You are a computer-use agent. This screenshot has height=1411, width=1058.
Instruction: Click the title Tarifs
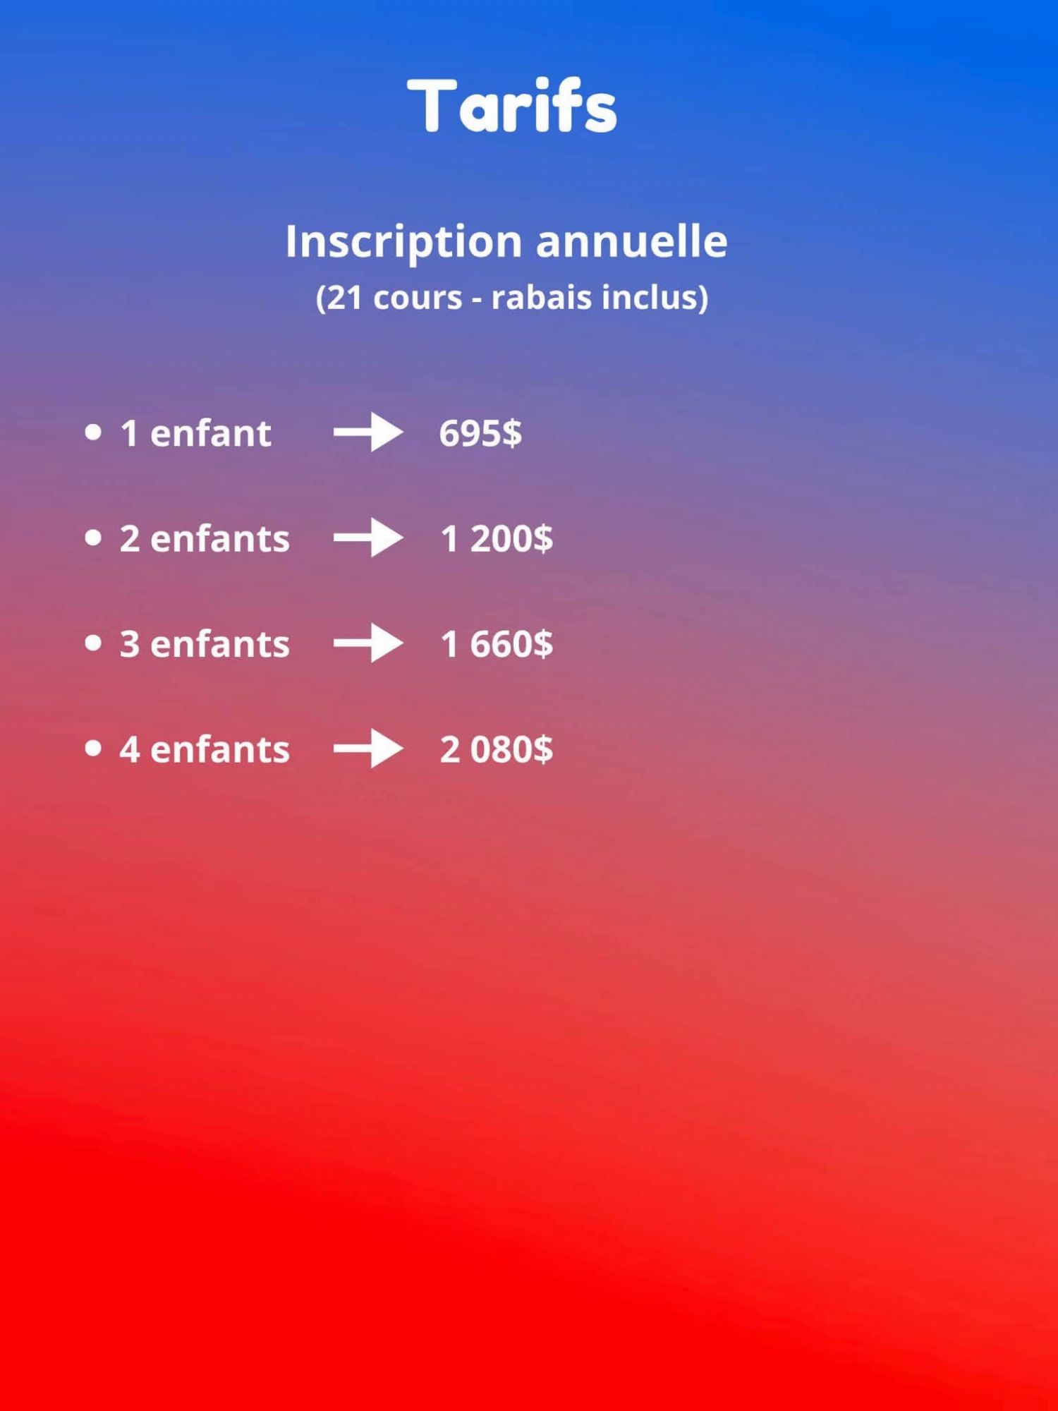[x=511, y=106]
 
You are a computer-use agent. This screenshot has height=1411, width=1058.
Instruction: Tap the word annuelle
[x=631, y=241]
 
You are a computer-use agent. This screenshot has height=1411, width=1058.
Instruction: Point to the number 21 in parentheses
[x=344, y=297]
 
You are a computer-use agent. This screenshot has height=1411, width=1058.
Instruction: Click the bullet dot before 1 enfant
[x=93, y=432]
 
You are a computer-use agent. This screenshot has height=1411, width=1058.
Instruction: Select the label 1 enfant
[x=196, y=432]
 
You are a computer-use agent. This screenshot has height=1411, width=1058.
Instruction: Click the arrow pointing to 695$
[x=368, y=432]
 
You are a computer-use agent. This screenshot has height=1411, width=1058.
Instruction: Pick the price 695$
[x=480, y=433]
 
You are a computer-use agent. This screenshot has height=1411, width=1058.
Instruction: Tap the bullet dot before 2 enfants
[x=93, y=538]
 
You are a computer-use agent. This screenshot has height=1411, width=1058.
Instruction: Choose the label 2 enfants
[x=205, y=538]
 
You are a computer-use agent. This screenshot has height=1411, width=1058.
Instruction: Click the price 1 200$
[x=497, y=539]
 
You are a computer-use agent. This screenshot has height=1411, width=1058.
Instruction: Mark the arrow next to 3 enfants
[x=368, y=643]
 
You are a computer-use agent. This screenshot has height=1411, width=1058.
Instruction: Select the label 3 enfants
[x=205, y=643]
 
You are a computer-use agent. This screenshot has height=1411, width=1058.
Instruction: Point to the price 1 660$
[x=497, y=644]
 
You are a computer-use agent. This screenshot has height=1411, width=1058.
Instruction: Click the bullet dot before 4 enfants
[x=93, y=748]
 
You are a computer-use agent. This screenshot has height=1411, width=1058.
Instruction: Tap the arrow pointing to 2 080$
[x=368, y=749]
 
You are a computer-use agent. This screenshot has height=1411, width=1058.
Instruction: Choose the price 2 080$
[x=497, y=749]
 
